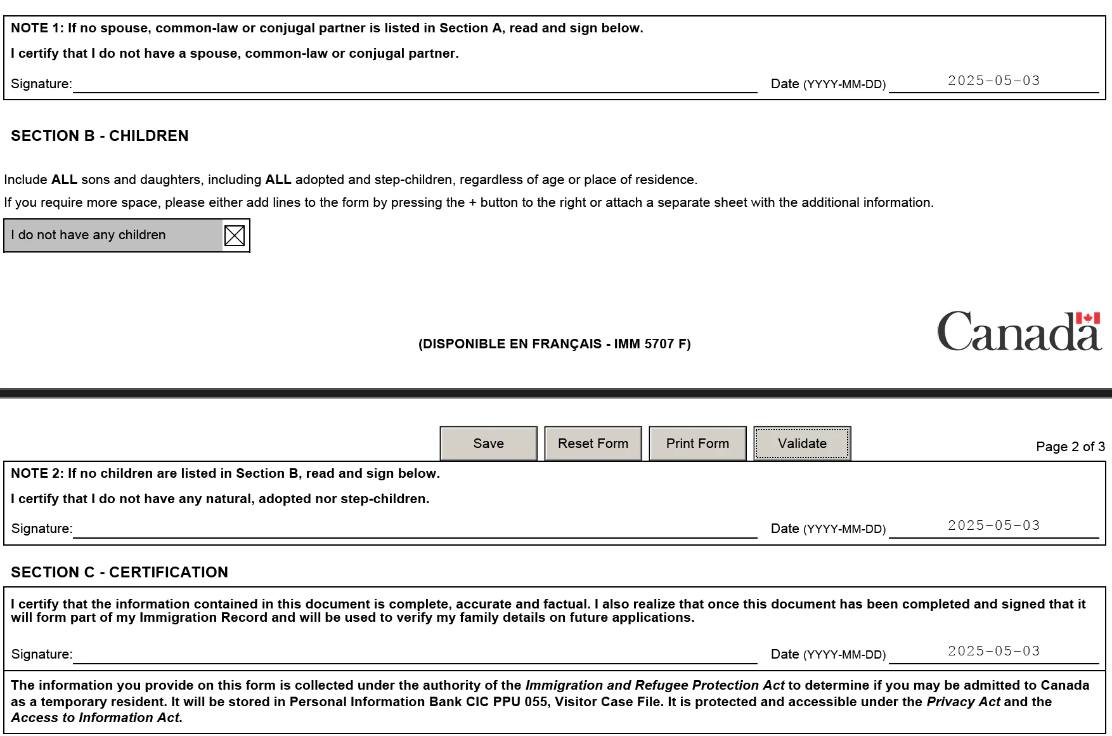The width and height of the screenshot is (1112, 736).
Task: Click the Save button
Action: click(488, 444)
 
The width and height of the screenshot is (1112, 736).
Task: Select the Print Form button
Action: click(697, 444)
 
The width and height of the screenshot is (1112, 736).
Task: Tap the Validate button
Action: click(802, 444)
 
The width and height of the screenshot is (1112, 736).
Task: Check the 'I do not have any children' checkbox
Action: click(235, 235)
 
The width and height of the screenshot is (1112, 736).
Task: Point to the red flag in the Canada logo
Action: click(1088, 318)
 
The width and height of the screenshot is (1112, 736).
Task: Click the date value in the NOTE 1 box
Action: click(993, 81)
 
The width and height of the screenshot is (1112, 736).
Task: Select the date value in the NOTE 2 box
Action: click(993, 526)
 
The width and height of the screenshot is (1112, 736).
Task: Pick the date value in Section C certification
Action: click(993, 652)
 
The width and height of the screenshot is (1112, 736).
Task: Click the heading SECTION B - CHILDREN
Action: click(100, 136)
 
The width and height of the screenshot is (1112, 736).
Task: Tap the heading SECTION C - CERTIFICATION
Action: click(119, 572)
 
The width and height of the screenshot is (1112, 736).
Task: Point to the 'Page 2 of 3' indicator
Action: click(1070, 447)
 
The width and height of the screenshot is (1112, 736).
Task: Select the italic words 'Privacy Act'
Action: click(963, 702)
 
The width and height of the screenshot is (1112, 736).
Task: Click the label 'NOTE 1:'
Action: click(37, 28)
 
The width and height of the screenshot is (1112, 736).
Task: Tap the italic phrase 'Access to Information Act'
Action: click(96, 718)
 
